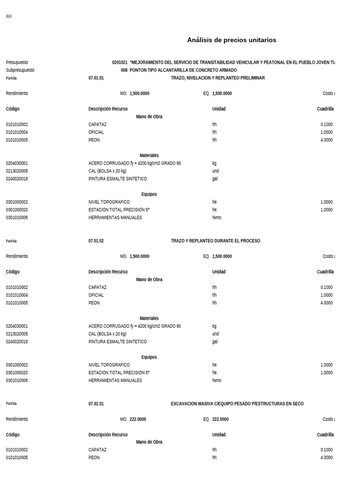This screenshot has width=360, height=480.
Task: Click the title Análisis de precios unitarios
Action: click(x=232, y=40)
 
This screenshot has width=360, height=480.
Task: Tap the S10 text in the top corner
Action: click(x=8, y=16)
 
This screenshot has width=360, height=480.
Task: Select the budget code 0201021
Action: click(x=120, y=62)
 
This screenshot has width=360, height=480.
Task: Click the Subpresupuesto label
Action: click(x=20, y=70)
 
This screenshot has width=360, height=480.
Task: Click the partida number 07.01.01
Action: click(x=96, y=78)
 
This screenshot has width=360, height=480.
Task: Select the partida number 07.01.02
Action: click(x=96, y=241)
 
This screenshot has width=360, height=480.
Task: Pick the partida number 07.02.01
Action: click(x=96, y=404)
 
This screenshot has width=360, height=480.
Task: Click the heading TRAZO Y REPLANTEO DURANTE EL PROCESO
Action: click(x=215, y=241)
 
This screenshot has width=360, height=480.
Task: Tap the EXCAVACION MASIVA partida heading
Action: click(x=237, y=404)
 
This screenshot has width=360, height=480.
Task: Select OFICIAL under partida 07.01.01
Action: click(x=96, y=132)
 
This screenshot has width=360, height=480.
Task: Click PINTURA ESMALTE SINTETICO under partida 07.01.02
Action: click(x=118, y=342)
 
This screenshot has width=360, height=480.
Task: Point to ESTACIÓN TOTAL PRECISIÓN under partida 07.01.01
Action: click(x=119, y=210)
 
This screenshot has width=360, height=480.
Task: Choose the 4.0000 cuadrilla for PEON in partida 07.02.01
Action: click(x=327, y=457)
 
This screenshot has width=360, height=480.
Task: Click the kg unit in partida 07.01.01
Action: click(x=214, y=163)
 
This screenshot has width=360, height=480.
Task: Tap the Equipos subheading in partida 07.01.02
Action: click(x=149, y=357)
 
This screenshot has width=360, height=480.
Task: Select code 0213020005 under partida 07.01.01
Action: click(x=17, y=171)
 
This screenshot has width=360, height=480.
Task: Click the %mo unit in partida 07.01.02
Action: click(x=217, y=381)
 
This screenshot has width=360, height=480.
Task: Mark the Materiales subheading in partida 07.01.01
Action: click(x=149, y=155)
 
